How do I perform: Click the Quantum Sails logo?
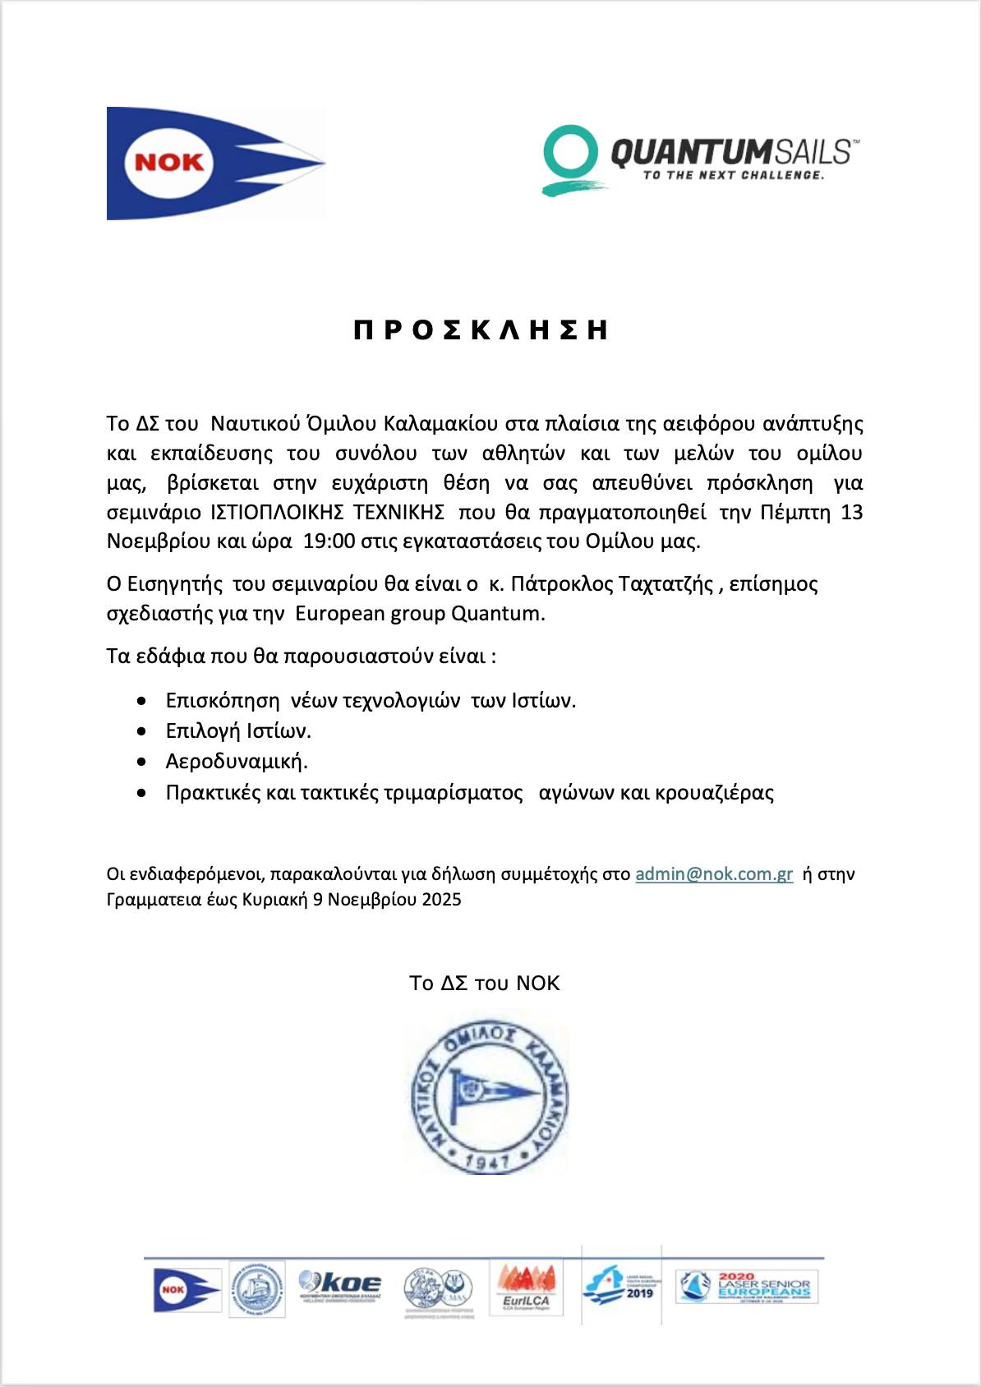tap(701, 159)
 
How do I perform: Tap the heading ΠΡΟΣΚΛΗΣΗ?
tap(481, 330)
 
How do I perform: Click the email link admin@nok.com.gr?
tap(714, 874)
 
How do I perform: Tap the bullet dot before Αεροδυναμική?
tap(144, 763)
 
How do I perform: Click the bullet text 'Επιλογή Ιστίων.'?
tap(238, 731)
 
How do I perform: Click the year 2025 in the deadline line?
tap(441, 900)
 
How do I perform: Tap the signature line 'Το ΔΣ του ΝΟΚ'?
tap(485, 984)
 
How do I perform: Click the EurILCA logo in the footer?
tap(527, 1288)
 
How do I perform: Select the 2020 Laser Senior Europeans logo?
tap(744, 1287)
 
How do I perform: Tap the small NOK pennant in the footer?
tap(187, 1289)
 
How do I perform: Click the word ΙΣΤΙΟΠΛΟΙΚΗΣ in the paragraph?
tap(274, 513)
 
